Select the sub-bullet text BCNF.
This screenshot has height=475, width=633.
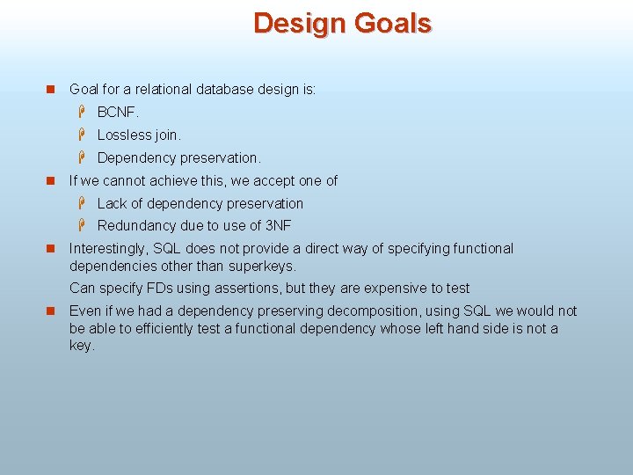[118, 112]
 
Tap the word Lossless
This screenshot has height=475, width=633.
[126, 135]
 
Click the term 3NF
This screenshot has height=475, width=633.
[278, 226]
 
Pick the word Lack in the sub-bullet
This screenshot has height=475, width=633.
[112, 203]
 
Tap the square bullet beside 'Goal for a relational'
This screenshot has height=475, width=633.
[50, 90]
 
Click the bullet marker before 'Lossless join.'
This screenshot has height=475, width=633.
[81, 135]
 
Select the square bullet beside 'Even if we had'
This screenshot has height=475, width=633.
[50, 311]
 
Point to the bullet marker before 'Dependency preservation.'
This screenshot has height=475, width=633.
[81, 157]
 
